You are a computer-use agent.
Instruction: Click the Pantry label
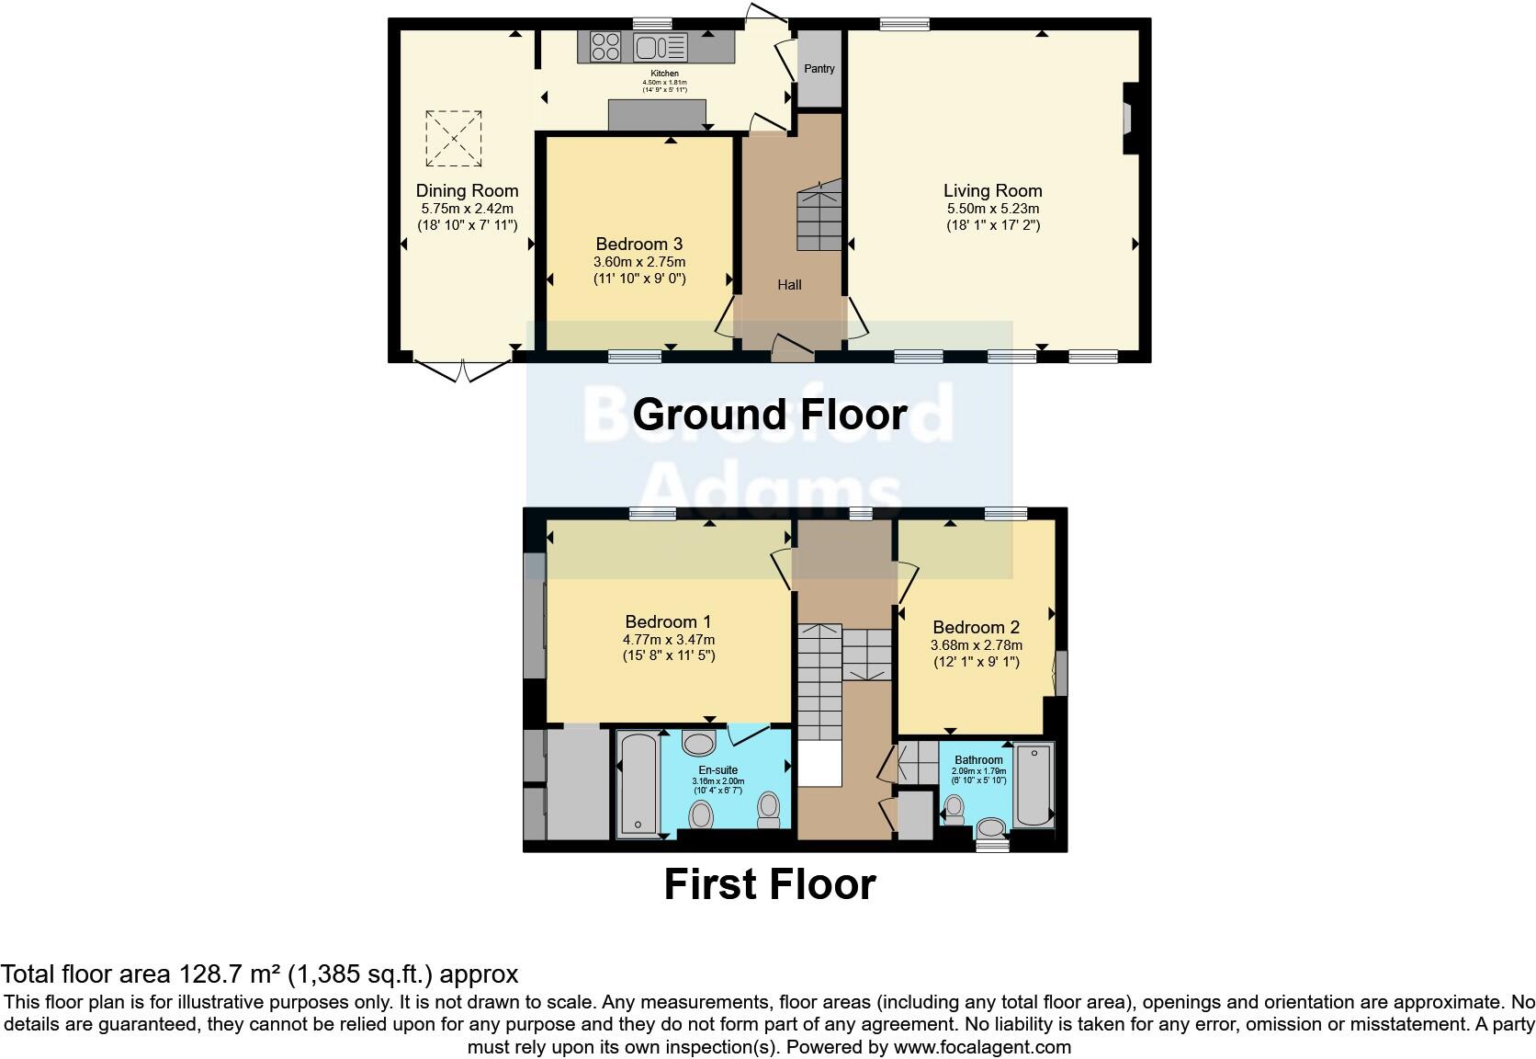point(819,69)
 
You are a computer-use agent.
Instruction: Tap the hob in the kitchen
point(604,46)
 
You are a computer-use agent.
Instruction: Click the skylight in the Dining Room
point(454,139)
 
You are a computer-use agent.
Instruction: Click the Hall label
point(789,285)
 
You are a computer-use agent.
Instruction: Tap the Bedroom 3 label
point(638,244)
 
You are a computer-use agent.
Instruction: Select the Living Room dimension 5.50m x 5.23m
point(993,209)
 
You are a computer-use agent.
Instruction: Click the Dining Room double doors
point(463,370)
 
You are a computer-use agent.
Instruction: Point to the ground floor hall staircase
point(819,217)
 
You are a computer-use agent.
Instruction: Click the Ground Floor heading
point(770,415)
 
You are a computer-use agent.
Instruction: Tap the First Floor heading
point(770,884)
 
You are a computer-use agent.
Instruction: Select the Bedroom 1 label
point(668,622)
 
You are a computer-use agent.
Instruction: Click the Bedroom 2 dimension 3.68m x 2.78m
point(976,645)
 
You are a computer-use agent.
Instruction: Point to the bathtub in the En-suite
point(637,783)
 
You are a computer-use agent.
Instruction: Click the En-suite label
point(717,770)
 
